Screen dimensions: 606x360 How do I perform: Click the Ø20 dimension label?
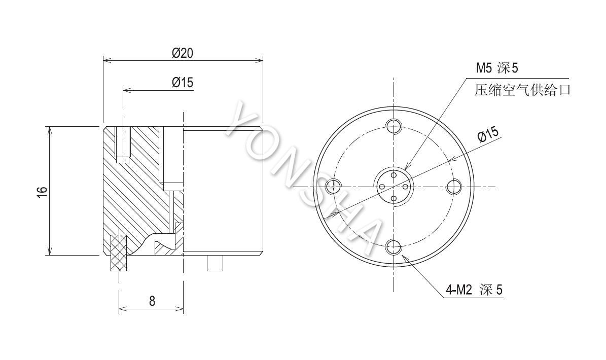183,53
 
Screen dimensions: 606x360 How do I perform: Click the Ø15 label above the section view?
183,82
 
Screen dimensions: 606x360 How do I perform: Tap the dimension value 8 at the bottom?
152,301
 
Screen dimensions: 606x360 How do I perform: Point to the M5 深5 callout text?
496,68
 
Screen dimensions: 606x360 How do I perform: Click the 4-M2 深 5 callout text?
474,290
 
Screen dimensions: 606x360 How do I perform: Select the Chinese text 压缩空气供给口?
522,90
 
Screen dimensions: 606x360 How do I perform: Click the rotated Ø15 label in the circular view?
488,134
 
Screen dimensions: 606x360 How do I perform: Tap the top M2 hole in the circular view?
394,125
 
